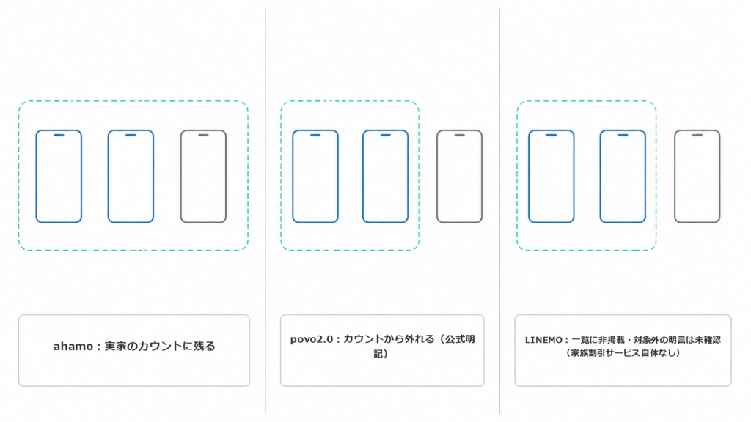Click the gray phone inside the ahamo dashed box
pyautogui.click(x=180, y=176)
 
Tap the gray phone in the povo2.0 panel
pyautogui.click(x=437, y=176)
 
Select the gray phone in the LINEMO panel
pyautogui.click(x=675, y=176)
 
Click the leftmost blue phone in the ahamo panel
pyautogui.click(x=36, y=176)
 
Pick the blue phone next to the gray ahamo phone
pyautogui.click(x=108, y=176)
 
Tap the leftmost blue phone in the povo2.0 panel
pyautogui.click(x=293, y=176)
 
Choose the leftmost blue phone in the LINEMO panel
pyautogui.click(x=529, y=176)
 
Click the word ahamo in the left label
pyautogui.click(x=73, y=347)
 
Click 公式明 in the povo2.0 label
pyautogui.click(x=460, y=339)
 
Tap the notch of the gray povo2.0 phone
pyautogui.click(x=459, y=136)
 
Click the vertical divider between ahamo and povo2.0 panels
pyautogui.click(x=265, y=211)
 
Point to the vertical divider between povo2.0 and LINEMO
pyautogui.click(x=499, y=211)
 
